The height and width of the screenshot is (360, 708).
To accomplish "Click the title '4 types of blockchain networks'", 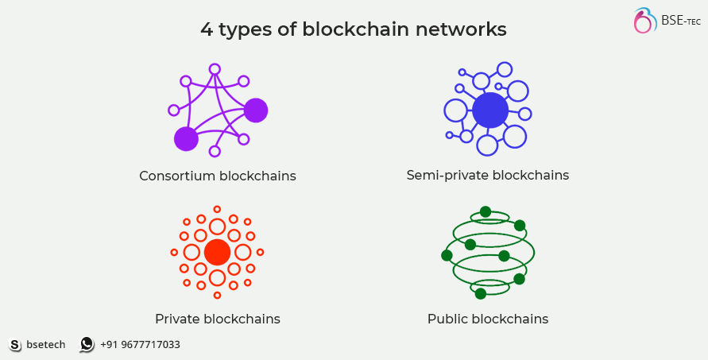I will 354,30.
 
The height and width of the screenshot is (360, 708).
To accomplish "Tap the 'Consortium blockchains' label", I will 218,176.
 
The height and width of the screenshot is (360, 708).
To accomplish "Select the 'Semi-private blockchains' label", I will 488,175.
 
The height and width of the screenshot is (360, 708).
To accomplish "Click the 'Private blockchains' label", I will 218,319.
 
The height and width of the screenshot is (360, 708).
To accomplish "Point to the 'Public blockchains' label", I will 488,319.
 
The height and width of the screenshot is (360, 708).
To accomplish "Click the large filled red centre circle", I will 217,253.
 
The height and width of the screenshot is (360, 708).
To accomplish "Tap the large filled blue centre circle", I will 489,110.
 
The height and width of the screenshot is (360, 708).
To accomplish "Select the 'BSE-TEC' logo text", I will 680,20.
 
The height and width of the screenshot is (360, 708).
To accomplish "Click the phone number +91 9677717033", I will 140,345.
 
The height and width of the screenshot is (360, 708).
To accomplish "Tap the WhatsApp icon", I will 87,345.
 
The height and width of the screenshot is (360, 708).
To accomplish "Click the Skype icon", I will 15,345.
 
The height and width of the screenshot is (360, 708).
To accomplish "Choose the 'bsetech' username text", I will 46,345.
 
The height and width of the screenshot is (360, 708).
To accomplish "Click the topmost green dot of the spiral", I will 486,212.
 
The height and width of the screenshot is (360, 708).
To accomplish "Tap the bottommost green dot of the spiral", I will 480,294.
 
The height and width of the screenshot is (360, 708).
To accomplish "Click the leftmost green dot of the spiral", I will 447,255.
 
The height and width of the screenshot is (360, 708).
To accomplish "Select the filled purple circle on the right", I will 256,110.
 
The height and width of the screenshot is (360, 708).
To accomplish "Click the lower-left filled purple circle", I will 186,139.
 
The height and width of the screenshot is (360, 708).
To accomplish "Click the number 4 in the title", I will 207,30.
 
